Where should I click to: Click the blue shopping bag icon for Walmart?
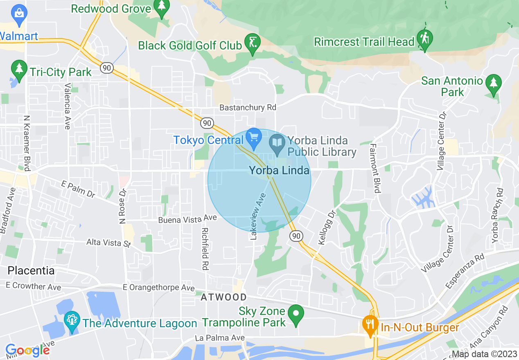(19, 11)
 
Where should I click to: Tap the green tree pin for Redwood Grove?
(162, 8)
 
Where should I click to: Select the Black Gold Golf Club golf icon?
(253, 42)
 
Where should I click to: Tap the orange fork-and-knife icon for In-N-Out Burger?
(370, 324)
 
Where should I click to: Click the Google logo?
(27, 350)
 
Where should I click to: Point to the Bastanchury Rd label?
(248, 108)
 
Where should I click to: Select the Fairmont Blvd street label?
(375, 168)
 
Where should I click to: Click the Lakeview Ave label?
(258, 216)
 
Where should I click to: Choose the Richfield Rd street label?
(205, 249)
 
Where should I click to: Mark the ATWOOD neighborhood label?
(223, 297)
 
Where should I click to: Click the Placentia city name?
(31, 270)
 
